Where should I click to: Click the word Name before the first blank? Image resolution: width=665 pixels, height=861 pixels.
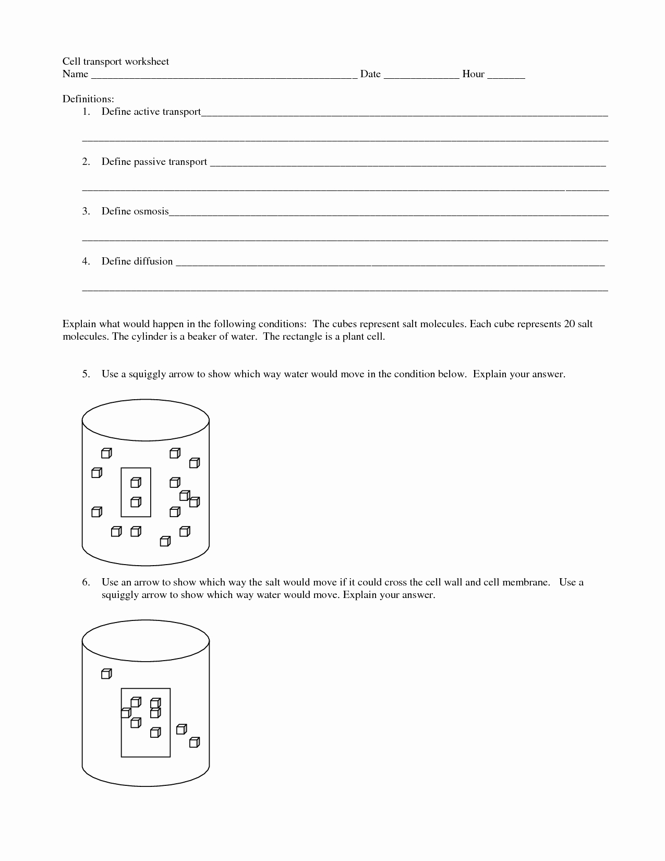75,74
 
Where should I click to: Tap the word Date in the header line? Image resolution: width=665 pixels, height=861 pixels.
370,74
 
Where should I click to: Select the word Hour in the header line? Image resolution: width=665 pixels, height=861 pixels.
473,74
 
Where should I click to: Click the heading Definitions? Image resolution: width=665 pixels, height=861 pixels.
88,99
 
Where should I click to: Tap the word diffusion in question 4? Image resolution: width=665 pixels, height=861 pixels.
153,261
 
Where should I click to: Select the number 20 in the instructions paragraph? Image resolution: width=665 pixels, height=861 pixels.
569,324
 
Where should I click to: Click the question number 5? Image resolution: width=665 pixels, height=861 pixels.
86,374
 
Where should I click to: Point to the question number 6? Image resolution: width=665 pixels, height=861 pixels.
86,582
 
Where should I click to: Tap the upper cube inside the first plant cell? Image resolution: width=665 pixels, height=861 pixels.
136,482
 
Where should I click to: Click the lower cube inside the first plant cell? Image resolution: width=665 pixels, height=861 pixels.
136,502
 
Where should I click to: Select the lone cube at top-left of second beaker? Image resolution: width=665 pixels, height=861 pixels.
106,674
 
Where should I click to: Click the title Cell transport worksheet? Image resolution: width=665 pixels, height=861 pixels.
116,62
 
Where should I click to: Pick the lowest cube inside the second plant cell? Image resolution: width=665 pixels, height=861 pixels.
155,733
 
